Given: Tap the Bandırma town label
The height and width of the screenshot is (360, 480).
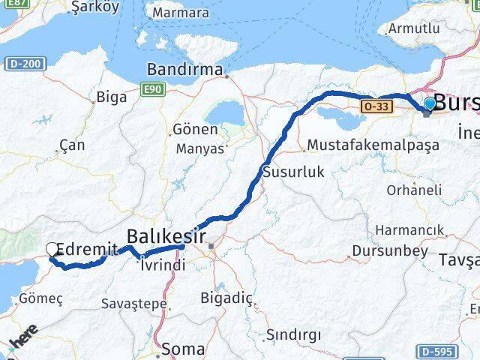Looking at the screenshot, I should [184, 70].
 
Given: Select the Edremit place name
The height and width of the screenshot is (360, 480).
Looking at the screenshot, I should [87, 249].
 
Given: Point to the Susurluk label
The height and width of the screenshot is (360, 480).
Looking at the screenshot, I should [293, 172].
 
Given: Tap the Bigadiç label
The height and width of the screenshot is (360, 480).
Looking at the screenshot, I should [226, 298].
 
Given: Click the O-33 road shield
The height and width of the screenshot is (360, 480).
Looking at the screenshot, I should [376, 107].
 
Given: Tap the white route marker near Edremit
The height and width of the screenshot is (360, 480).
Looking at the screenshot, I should [52, 250].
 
